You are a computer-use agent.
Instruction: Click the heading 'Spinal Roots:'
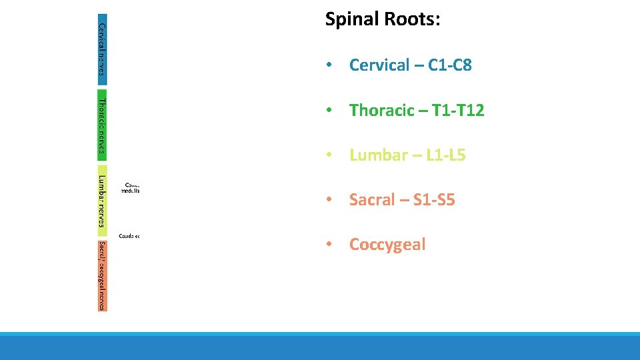382,19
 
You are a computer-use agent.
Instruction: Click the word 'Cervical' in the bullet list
379,65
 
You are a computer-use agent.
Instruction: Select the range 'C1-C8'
447,65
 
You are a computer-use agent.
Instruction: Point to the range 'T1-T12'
458,111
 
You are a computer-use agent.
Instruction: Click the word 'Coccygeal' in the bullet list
387,245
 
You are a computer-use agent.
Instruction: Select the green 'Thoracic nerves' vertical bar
101,125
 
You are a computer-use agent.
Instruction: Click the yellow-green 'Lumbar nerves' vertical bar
101,199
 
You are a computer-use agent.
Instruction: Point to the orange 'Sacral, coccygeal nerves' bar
101,274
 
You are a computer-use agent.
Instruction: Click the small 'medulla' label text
130,190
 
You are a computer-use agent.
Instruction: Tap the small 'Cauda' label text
127,236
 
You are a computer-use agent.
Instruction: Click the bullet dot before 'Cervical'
329,66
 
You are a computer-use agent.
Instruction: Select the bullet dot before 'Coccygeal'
329,245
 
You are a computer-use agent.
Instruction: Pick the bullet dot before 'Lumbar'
329,156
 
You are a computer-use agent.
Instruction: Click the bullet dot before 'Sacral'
329,201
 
